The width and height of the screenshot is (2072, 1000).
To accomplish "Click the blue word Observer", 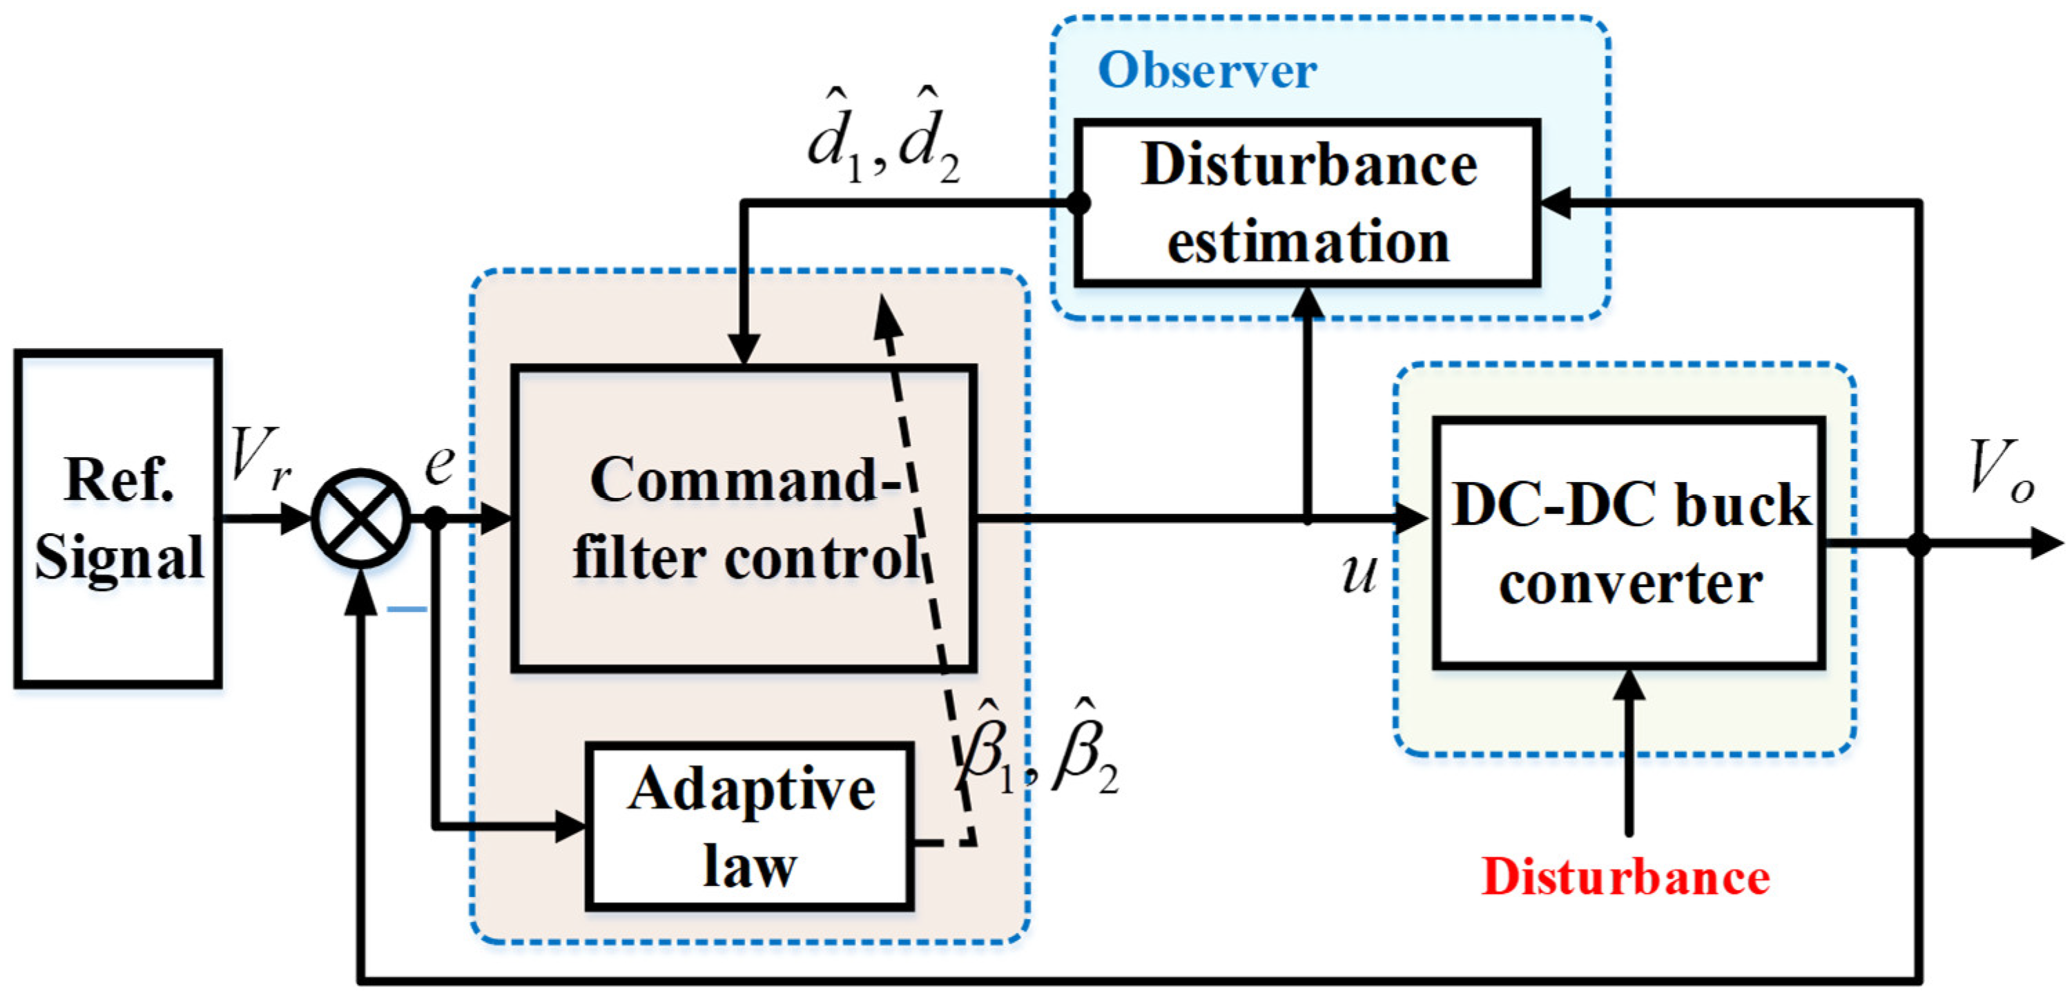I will pos(1206,71).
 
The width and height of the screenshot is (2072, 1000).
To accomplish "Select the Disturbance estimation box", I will pos(1307,203).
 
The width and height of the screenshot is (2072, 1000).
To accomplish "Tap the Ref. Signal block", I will pos(118,519).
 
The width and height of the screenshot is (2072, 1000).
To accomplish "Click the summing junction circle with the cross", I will pos(361,519).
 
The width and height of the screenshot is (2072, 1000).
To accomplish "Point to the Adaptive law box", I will pos(750,826).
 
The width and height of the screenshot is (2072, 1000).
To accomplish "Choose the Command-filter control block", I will pos(744,519).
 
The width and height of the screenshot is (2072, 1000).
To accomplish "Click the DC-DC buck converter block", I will pos(1629,543).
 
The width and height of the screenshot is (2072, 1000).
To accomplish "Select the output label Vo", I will pos(2000,470).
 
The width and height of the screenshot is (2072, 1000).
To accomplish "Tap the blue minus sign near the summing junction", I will pos(407,609).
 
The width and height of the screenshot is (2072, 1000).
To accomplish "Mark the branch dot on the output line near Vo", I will pos(1919,545).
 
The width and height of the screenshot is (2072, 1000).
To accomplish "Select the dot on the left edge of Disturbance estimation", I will pos(1078,203).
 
